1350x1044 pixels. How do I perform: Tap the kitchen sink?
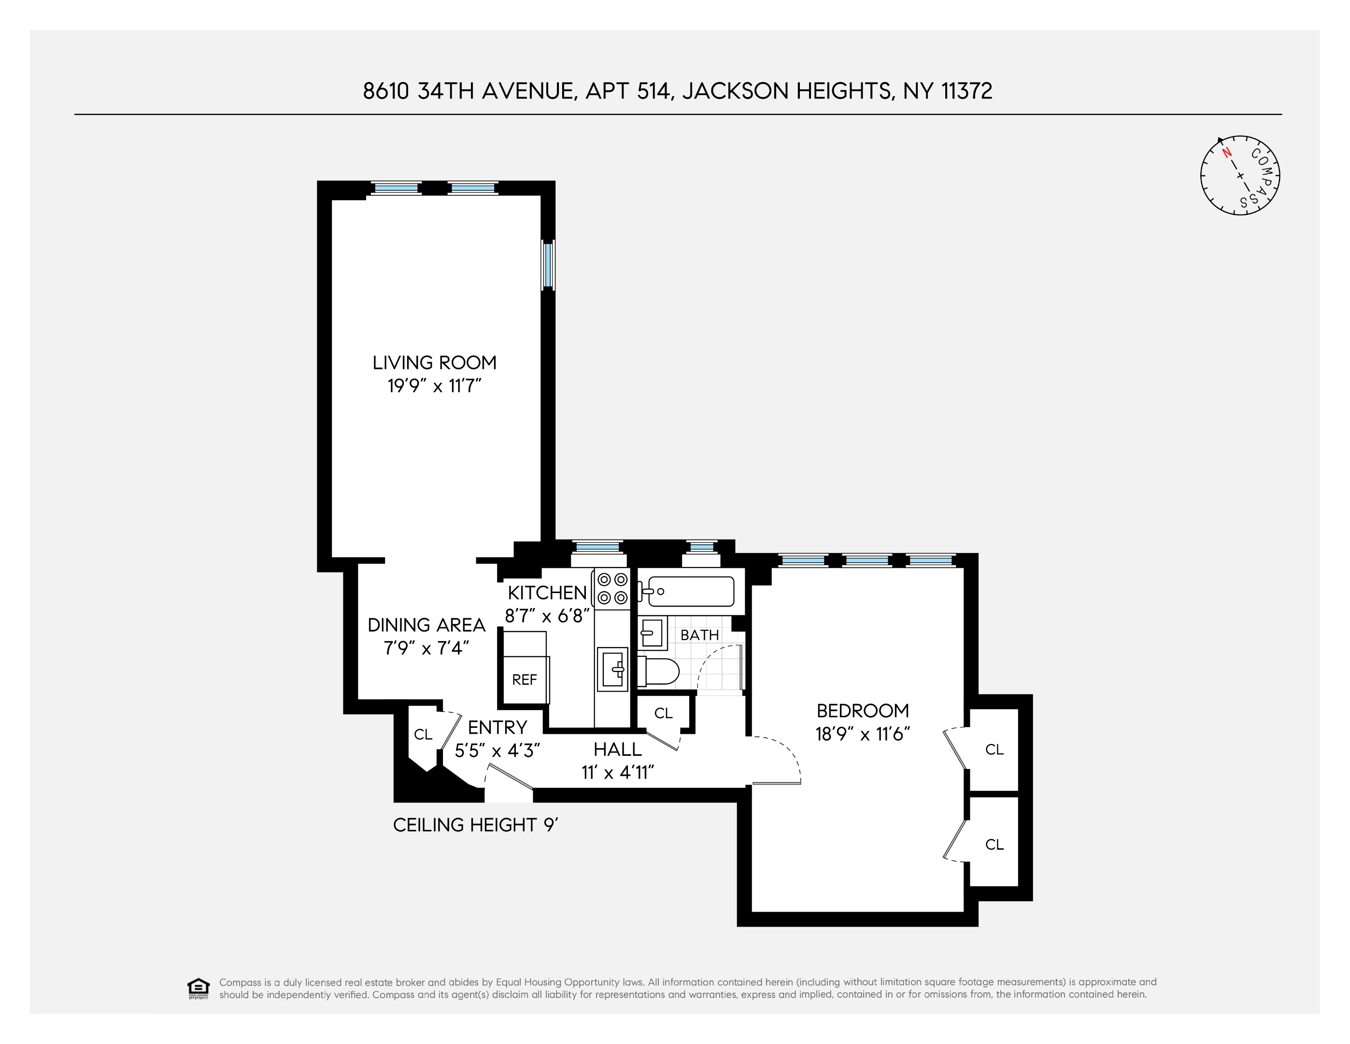coord(612,668)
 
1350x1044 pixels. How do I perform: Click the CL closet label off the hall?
coord(663,713)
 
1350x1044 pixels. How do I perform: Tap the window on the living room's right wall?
coord(548,265)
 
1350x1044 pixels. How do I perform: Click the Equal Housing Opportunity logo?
coord(198,988)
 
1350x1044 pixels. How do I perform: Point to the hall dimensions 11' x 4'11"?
coord(617,772)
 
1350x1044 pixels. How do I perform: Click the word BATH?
coord(700,635)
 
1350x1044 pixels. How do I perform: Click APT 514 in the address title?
coord(627,91)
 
